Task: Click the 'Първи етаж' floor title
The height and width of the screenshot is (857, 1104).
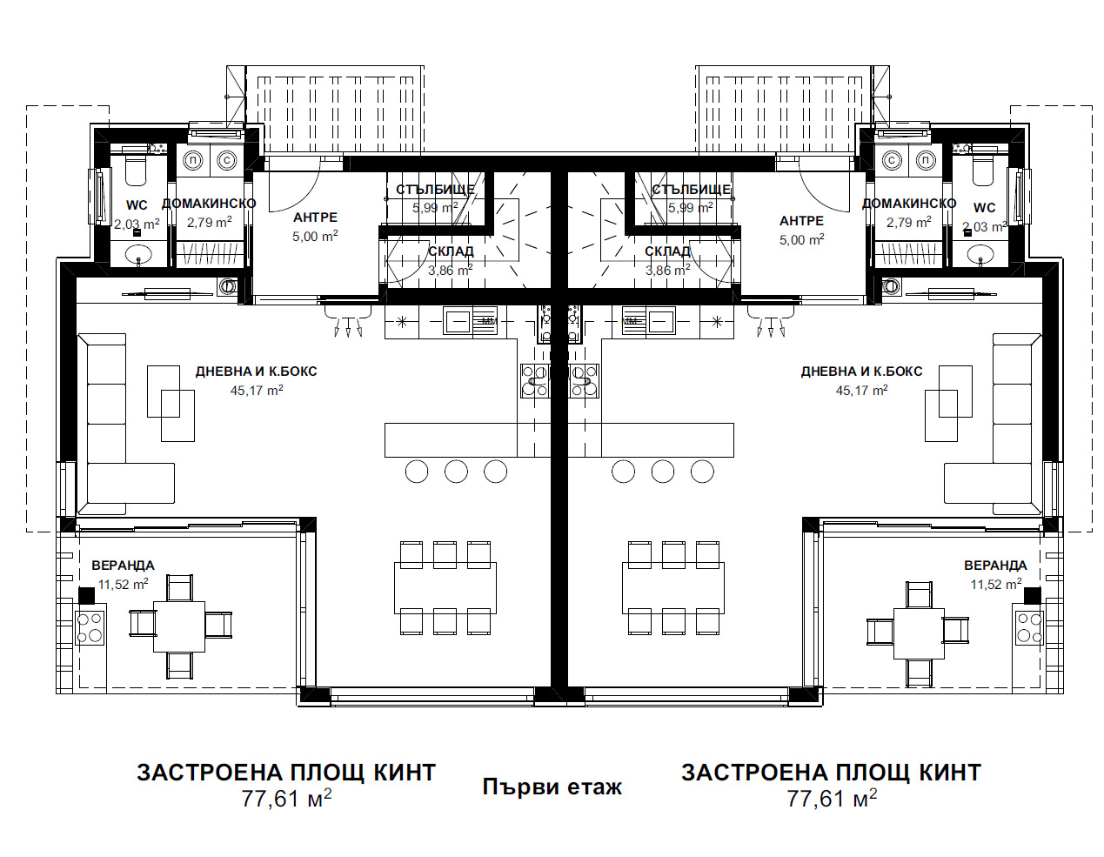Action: [x=552, y=787]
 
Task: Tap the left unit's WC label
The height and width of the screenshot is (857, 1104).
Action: [x=137, y=205]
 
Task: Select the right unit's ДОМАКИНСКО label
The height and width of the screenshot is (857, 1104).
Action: [x=909, y=204]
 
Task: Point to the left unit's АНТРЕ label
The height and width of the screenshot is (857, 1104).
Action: [x=315, y=218]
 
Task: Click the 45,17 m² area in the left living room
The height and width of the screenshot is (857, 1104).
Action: [x=257, y=390]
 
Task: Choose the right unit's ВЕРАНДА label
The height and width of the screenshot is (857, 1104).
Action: [x=995, y=566]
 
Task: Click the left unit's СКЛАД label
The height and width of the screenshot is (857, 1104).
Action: [x=451, y=251]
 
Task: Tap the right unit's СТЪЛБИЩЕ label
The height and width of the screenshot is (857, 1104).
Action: [x=691, y=190]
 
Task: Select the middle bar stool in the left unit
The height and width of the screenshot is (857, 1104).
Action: [x=456, y=472]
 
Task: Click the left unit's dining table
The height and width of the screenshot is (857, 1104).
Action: [x=445, y=588]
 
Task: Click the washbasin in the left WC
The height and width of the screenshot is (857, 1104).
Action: [x=137, y=253]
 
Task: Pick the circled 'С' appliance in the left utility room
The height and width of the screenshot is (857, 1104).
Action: [x=226, y=161]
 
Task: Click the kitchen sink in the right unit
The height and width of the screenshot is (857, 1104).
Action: [x=659, y=321]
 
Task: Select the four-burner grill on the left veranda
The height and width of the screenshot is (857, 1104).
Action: [x=90, y=628]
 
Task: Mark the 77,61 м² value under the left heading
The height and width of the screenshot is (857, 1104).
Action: [x=286, y=799]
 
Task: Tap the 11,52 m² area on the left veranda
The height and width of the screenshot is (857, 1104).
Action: [x=123, y=584]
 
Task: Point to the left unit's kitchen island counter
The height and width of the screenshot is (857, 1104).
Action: [x=451, y=440]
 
